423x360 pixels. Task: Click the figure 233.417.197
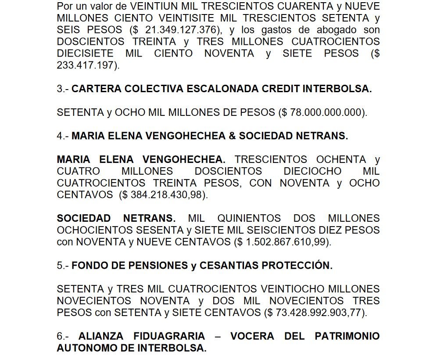86,65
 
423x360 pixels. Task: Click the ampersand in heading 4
232,136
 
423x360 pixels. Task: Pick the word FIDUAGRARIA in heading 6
141,336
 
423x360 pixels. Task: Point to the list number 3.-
62,89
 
